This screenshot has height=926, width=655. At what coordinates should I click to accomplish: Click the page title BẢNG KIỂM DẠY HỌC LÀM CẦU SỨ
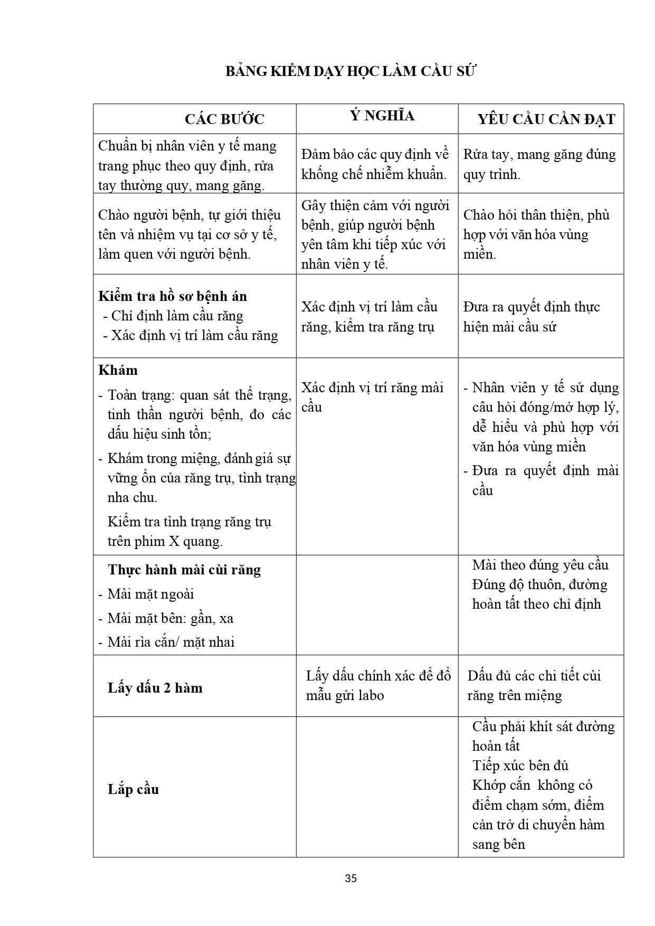pos(350,72)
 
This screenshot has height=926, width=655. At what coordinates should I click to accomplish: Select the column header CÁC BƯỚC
pos(224,119)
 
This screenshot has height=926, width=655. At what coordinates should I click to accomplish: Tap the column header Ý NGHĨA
pos(382,116)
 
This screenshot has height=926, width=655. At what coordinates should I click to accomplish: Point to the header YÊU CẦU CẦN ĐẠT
pos(546,119)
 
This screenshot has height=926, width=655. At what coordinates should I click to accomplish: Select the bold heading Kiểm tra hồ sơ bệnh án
pos(173,296)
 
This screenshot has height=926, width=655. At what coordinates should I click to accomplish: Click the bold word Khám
pos(118,370)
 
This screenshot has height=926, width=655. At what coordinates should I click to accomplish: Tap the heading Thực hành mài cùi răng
pos(184,570)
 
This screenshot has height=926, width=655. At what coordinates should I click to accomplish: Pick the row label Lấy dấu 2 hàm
pos(155,688)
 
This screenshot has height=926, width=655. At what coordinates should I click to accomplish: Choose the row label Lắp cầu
pos(133,789)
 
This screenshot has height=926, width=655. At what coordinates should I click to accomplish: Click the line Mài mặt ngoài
pos(150,594)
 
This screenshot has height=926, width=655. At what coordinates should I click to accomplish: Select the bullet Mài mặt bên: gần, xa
pos(170,618)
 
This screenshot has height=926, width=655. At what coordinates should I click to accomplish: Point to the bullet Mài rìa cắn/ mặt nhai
pos(171,642)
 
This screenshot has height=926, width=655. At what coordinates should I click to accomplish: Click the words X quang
pos(195,542)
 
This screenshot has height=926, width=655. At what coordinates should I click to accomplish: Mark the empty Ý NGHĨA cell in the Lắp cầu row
pos(377,787)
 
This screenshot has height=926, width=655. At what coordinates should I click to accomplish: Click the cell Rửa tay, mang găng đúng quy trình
pos(539,164)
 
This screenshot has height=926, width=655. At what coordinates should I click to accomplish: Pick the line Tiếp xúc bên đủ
pos(520,766)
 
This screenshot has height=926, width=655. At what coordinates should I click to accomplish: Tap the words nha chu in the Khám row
pos(132,498)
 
